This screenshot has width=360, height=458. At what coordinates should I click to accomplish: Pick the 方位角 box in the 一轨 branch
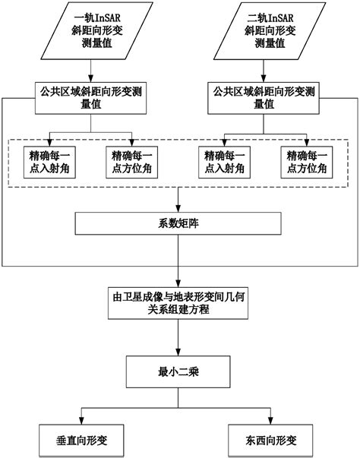pos(132,161)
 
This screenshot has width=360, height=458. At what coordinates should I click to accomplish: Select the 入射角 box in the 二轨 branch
pos(223,161)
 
